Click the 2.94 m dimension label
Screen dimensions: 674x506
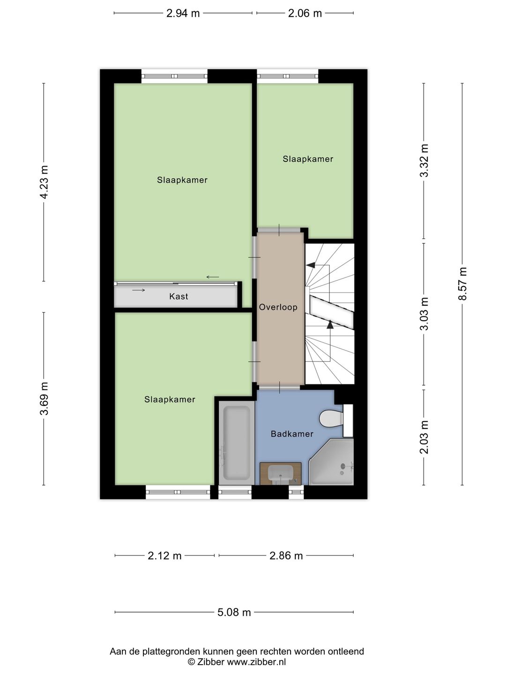click(183, 13)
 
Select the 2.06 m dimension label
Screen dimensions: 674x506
click(305, 13)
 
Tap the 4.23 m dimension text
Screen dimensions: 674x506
click(44, 182)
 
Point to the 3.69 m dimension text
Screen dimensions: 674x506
click(44, 398)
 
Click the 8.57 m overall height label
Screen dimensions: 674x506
click(462, 284)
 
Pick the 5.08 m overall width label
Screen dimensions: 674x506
click(234, 612)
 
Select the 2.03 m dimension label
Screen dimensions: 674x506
click(424, 437)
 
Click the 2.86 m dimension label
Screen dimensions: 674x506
click(286, 556)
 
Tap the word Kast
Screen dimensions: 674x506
click(179, 296)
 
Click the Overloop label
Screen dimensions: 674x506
click(278, 308)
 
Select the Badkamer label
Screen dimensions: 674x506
click(292, 434)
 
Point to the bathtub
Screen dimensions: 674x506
click(236, 443)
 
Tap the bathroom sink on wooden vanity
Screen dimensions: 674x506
click(280, 473)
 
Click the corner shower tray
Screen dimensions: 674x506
click(333, 462)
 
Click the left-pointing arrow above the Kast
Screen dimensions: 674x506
click(213, 277)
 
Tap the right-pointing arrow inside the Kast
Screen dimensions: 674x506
click(139, 290)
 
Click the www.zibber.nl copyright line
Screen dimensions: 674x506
click(237, 662)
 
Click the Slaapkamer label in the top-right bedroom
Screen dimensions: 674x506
click(308, 159)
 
